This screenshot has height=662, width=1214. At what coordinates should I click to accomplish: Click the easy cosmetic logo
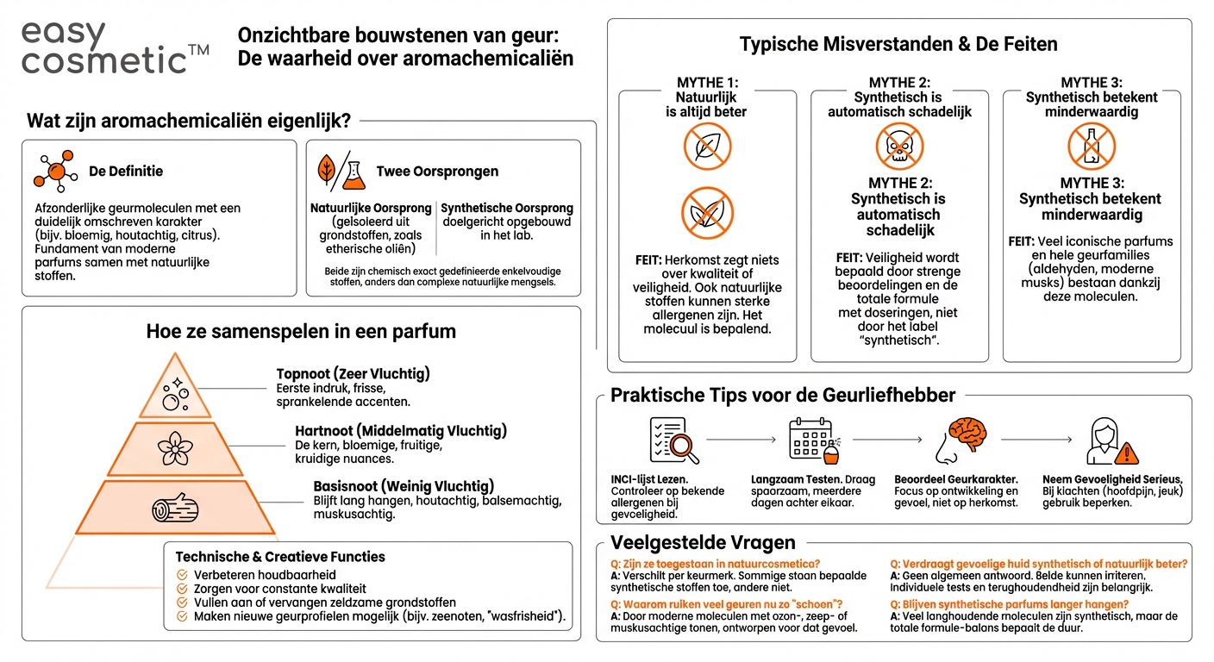(114, 47)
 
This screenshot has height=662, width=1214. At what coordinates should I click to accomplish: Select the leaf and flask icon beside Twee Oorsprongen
(340, 171)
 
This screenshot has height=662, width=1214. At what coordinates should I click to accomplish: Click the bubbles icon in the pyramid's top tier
(177, 393)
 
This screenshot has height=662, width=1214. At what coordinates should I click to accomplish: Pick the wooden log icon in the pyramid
(175, 509)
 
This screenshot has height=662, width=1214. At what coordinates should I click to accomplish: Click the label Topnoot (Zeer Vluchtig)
(353, 374)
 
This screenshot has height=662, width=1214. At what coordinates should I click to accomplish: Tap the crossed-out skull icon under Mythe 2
(899, 147)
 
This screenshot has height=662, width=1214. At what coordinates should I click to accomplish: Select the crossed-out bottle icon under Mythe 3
(1091, 147)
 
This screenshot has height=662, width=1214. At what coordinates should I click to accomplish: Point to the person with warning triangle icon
(1112, 442)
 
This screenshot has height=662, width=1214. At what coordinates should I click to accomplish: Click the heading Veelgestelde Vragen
(703, 542)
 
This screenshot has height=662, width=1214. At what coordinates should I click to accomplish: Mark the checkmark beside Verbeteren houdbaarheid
(182, 575)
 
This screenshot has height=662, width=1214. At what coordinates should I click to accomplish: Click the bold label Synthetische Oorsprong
(507, 209)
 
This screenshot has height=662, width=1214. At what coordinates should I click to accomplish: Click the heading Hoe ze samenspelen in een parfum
(301, 331)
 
